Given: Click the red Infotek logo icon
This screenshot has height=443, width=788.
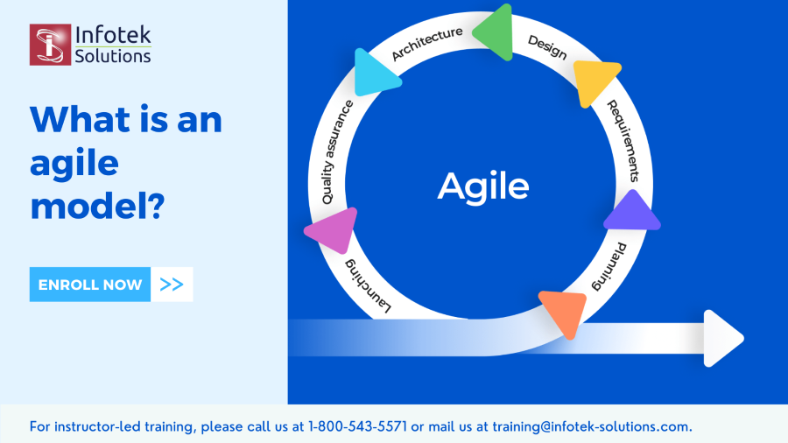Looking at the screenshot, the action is (x=50, y=45).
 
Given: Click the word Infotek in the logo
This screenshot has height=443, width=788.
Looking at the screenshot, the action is (x=113, y=35).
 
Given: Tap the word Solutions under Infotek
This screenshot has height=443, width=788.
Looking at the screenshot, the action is (x=113, y=56).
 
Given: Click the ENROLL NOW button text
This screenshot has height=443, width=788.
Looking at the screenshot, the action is (x=90, y=285).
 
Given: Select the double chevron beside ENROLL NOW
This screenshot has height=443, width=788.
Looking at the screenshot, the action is (x=172, y=285).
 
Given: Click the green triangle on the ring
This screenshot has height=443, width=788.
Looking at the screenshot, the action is (x=494, y=32).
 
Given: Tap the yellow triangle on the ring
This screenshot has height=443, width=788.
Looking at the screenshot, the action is (x=595, y=81).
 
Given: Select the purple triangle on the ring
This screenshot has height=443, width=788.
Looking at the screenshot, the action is (x=632, y=212).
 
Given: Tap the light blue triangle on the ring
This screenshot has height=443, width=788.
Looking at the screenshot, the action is (x=375, y=74).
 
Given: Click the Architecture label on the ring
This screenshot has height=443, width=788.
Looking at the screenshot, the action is (x=427, y=43).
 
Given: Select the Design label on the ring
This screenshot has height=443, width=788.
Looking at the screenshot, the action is (x=547, y=46).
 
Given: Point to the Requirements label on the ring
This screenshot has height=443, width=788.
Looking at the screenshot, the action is (x=623, y=141).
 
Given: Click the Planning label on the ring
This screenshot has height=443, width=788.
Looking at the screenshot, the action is (x=609, y=267).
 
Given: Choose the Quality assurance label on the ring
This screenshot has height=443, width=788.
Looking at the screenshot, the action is (x=337, y=152).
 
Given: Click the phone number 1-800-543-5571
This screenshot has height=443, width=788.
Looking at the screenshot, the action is (x=357, y=426).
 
